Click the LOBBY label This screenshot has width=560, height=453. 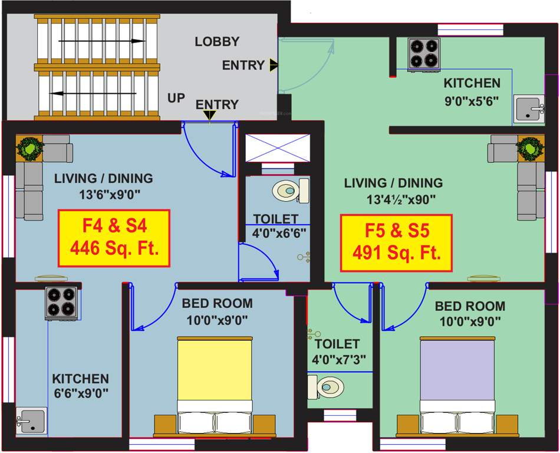tap(217, 41)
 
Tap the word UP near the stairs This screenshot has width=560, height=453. tap(176, 98)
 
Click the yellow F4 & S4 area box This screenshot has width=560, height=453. tap(114, 238)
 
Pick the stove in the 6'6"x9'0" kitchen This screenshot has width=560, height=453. tap(61, 303)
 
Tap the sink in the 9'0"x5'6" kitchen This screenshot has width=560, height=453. tap(529, 109)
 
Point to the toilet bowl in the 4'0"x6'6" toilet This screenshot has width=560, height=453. tap(291, 191)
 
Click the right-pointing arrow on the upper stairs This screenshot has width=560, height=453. tap(100, 41)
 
